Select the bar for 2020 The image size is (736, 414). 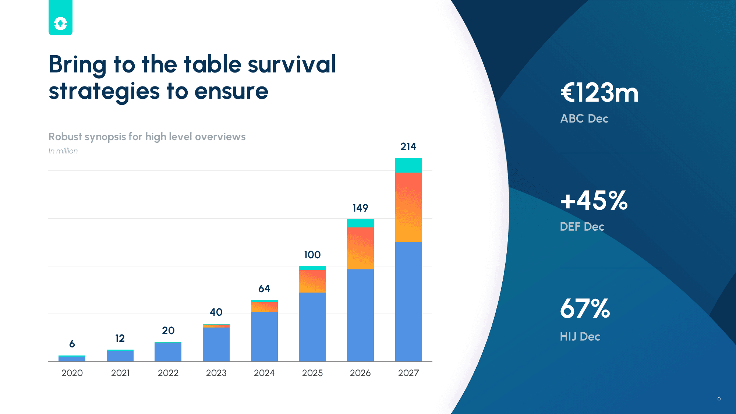click(72, 358)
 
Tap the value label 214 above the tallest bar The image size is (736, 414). click(408, 146)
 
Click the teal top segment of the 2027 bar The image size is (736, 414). click(408, 165)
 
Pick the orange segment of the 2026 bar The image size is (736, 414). click(360, 248)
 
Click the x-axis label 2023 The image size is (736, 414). click(216, 373)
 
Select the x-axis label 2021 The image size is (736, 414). click(120, 373)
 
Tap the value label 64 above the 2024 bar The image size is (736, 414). click(264, 289)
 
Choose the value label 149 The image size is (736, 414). click(360, 208)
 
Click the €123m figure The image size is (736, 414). click(599, 93)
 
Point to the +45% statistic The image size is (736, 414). click(594, 201)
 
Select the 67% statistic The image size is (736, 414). click(585, 308)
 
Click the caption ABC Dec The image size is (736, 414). click(584, 118)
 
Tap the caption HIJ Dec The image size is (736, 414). click(580, 336)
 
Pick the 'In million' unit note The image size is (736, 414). click(63, 151)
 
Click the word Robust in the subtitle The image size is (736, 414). click(65, 137)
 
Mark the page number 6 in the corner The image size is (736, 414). click(719, 398)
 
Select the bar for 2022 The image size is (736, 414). click(168, 352)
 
